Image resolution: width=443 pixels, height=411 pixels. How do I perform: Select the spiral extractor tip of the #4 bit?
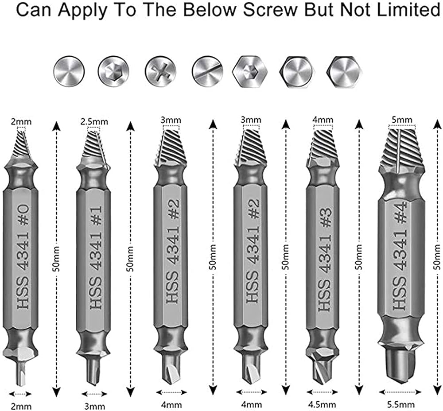tap(401, 148)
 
